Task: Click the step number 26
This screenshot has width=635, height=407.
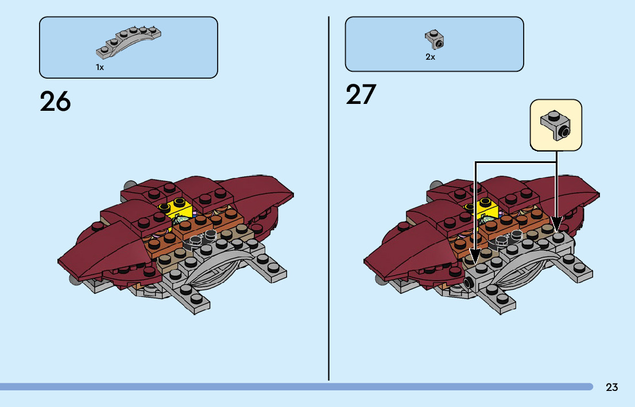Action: [x=55, y=102]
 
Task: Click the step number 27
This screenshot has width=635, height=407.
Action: [x=361, y=95]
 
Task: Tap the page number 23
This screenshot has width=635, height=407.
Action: [x=611, y=387]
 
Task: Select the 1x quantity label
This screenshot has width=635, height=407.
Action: [x=100, y=68]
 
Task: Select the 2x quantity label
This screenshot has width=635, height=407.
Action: [x=430, y=57]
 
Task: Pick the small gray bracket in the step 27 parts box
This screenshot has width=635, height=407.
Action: [x=435, y=39]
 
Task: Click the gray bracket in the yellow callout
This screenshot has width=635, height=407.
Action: [x=555, y=125]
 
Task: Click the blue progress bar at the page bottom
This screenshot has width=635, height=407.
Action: [x=296, y=387]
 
